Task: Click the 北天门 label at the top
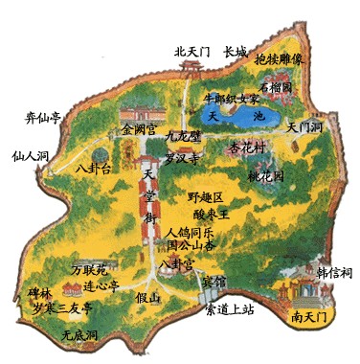192,52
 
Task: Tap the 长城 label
236,52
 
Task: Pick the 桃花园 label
265,177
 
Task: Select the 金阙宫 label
140,127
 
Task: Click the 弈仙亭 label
42,118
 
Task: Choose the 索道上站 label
236,310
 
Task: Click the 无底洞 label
79,336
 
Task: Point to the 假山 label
147,297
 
